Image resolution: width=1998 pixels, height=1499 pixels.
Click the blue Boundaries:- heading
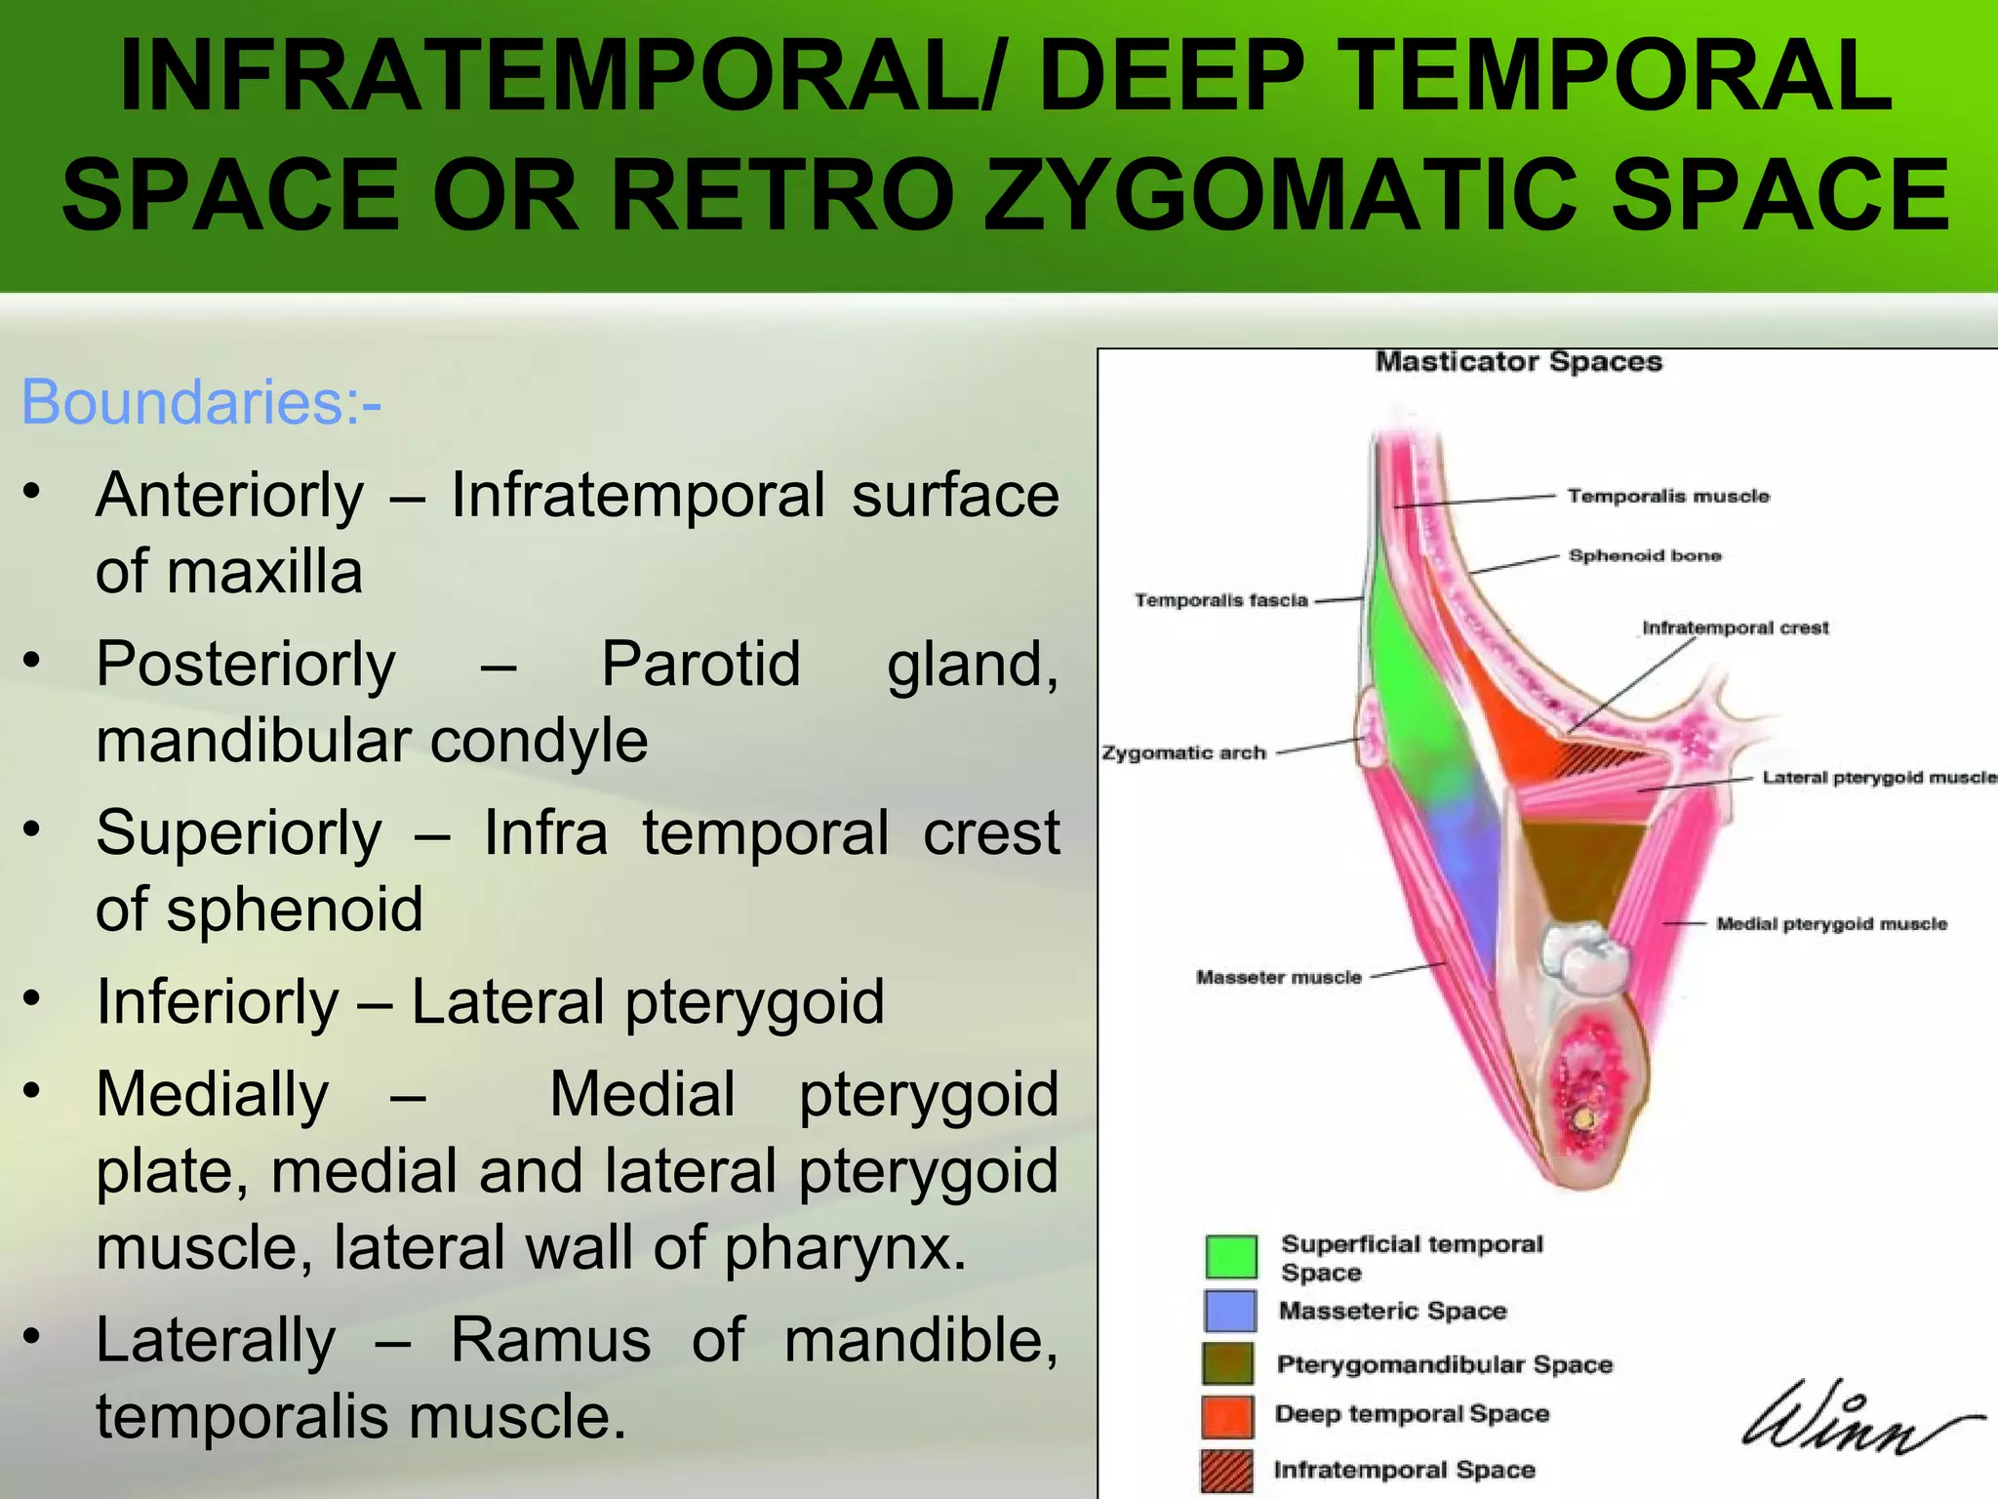201,402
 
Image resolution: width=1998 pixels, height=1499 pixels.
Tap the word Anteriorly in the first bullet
230,495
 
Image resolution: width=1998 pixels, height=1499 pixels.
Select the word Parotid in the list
700,665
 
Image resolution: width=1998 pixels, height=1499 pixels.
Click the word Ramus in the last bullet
550,1340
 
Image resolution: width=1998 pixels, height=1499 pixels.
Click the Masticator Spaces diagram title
1518,362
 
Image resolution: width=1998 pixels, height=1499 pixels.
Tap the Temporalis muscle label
1667,496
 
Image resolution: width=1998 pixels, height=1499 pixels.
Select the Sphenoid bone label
1645,555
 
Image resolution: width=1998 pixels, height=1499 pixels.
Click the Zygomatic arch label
1183,752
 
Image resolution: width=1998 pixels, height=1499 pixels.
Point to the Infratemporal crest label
1735,628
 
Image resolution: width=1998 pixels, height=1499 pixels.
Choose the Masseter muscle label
1278,977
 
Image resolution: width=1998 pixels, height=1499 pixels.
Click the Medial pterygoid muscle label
1831,923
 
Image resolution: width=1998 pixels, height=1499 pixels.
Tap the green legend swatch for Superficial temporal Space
1230,1257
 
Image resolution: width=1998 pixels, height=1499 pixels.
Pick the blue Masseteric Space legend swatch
1229,1311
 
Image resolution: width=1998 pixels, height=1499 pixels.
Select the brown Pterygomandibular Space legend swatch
1228,1363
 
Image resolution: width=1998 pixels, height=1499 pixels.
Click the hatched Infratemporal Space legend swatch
1227,1471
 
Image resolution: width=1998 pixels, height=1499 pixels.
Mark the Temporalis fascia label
1220,600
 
